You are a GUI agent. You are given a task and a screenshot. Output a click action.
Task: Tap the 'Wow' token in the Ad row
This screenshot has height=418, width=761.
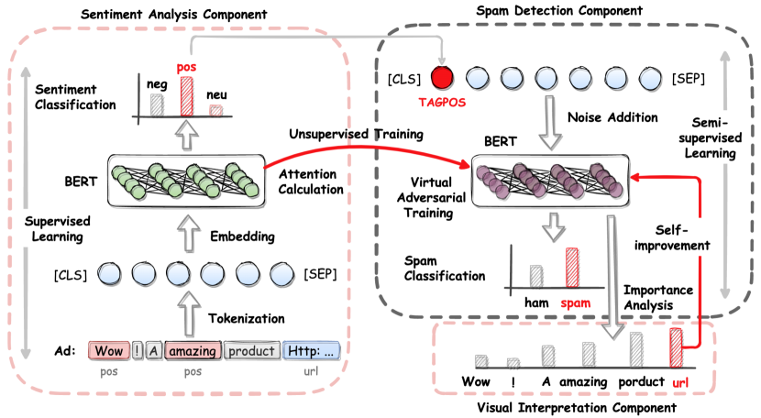point(108,350)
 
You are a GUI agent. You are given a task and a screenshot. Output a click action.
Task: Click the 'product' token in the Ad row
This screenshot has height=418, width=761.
point(251,350)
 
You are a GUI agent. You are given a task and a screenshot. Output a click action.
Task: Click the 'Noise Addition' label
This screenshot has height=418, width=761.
point(613,117)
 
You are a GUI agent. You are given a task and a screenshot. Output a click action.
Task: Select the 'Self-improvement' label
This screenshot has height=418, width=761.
point(677,236)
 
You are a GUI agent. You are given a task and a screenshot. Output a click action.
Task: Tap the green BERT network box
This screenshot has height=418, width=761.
point(185,183)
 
